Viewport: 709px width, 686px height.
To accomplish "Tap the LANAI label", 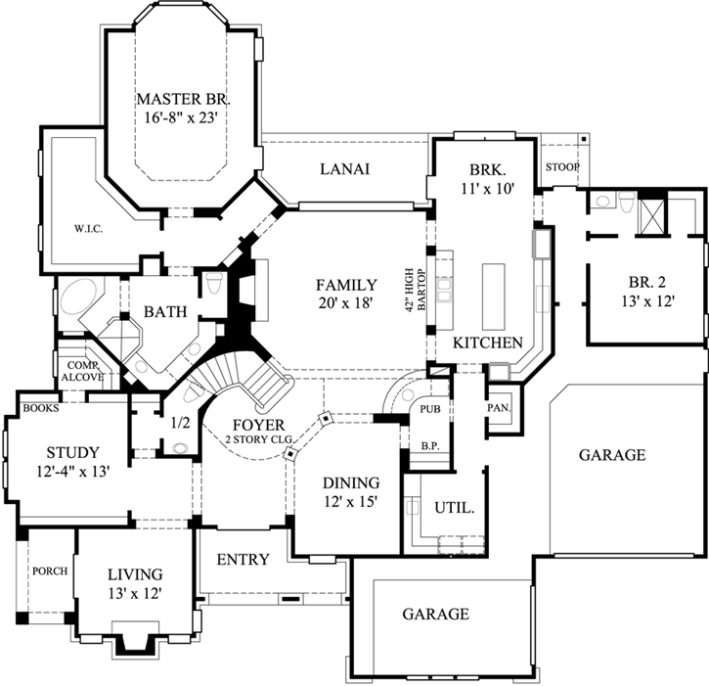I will (344, 169).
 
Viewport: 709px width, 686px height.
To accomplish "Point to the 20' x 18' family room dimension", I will (345, 303).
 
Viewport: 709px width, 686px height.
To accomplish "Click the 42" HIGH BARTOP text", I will (418, 289).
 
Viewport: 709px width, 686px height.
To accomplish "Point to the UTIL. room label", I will (455, 508).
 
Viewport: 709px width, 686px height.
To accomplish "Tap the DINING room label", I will (346, 483).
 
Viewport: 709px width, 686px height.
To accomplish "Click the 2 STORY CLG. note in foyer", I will (258, 440).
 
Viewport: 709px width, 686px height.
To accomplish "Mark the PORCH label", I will (49, 572).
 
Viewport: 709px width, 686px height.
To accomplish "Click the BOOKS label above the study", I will (40, 408).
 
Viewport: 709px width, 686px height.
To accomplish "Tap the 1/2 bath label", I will (180, 423).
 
